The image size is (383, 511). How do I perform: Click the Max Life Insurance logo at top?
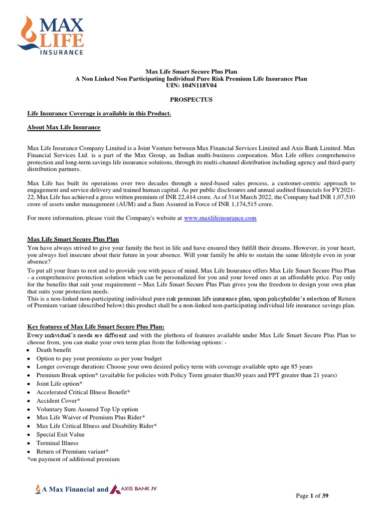tap(50, 35)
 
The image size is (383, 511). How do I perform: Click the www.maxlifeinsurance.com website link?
tap(220, 218)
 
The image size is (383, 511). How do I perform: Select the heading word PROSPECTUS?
tap(191, 100)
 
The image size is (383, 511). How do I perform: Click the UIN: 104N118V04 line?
tap(191, 86)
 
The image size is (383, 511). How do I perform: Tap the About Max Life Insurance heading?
tap(63, 128)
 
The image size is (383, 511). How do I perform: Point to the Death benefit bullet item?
tap(53, 350)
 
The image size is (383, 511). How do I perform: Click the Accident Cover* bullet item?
tap(58, 401)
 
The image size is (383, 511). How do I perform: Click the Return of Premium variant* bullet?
tap(72, 451)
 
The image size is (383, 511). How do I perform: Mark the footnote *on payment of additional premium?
tap(73, 459)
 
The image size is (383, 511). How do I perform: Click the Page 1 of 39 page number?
tap(312, 496)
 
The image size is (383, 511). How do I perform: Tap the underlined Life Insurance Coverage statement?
tap(99, 114)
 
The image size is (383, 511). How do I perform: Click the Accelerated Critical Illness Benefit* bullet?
tap(83, 392)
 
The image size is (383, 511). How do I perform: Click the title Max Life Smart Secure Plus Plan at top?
tap(191, 72)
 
